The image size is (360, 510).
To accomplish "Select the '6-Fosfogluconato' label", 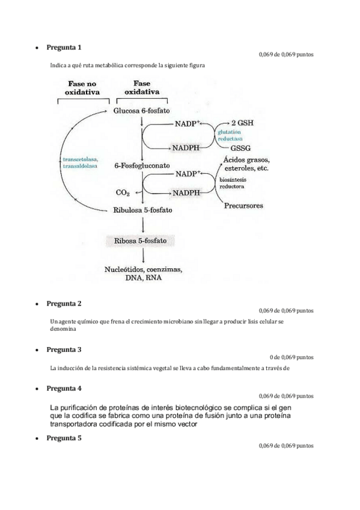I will tap(141, 165).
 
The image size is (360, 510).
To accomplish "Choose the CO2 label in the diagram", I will tap(123, 193).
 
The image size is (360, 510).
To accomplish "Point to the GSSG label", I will tap(240, 148).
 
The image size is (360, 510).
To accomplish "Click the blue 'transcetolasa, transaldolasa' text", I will tap(81, 163).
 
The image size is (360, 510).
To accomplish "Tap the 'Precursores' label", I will tap(243, 206).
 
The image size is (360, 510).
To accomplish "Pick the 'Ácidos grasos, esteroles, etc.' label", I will tap(245, 164).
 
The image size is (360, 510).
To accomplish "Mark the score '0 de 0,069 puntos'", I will tap(291, 357).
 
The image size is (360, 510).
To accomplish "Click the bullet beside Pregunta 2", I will tap(38, 304).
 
